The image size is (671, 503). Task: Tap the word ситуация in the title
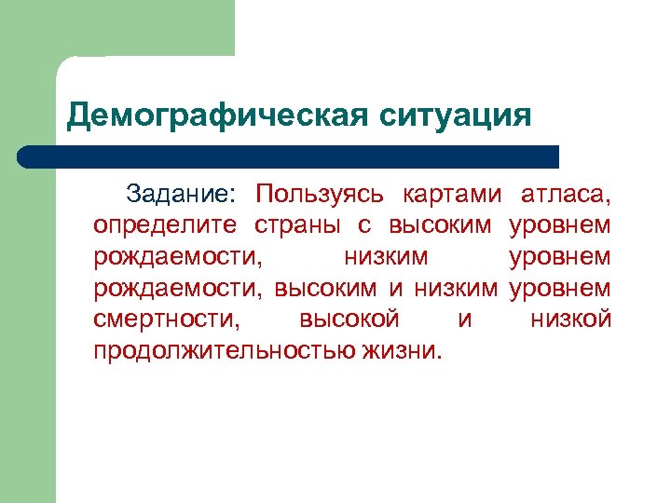coord(456,116)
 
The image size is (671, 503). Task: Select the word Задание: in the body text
coord(183,194)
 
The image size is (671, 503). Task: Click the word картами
coord(452,194)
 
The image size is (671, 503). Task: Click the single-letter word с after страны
coord(366,225)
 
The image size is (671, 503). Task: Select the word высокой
coord(349,319)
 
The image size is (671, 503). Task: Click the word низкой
coord(570,319)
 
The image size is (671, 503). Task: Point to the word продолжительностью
coord(222,351)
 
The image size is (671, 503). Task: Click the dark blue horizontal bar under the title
coord(289,156)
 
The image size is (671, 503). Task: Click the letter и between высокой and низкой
coord(465,319)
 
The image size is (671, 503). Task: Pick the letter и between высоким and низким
coord(395,289)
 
